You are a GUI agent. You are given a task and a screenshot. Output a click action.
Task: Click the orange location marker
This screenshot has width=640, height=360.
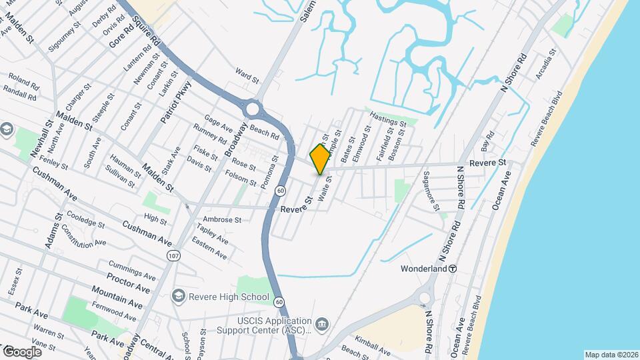[x=320, y=159]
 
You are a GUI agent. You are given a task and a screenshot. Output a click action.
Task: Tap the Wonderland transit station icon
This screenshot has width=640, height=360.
[x=452, y=269]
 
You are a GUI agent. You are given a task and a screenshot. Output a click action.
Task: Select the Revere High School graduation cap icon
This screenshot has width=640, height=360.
[x=178, y=295]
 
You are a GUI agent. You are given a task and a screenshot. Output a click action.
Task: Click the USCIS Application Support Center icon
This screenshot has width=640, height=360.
[x=323, y=325]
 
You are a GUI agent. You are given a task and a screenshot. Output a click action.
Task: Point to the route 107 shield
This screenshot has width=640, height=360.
[x=174, y=255]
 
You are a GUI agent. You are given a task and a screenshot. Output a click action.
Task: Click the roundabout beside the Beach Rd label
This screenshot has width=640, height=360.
[x=252, y=109]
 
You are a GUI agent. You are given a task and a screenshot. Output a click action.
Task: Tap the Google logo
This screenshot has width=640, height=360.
[x=22, y=351]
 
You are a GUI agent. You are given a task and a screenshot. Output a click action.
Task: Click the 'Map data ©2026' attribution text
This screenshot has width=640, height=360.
[x=611, y=355]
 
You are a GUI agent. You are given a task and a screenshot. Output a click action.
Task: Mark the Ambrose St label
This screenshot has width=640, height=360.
[x=222, y=219]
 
